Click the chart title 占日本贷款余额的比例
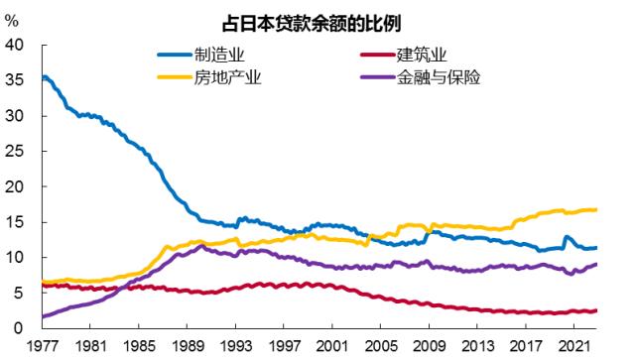317,21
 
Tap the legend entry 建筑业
421,56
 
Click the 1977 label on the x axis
43,348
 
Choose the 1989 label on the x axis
186,348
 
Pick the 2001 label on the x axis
329,348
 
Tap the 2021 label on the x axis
569,348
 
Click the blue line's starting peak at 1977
45,76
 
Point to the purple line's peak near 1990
200,245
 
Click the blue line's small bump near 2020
566,237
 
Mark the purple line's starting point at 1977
43,316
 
